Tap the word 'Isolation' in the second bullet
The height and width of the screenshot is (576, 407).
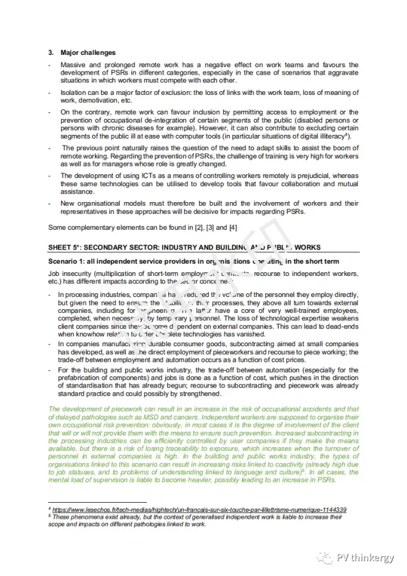(74, 92)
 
